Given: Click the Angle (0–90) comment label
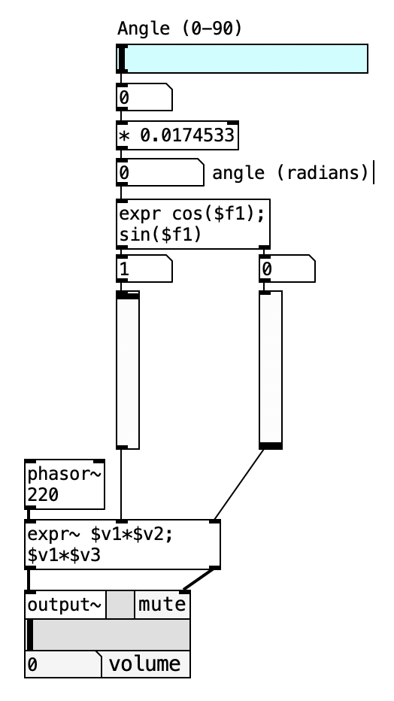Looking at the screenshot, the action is pos(180,29).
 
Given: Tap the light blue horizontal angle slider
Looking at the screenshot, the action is pos(242,59).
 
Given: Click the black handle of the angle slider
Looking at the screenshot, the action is pos(122,59).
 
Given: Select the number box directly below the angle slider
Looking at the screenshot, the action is pos(144,97).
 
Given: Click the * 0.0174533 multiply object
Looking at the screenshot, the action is pos(177,135).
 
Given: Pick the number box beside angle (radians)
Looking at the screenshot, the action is pos(160,172).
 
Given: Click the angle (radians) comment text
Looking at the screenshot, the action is pos(291,172).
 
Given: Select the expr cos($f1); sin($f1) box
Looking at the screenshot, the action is pos(193,224).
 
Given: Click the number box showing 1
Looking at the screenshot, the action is pos(144,269).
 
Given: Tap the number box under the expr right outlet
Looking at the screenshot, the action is pos(287,269).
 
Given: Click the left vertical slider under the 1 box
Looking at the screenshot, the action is pos(128,370).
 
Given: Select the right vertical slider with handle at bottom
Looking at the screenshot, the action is pos(271,370).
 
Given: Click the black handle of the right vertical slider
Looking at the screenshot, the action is pos(271,445).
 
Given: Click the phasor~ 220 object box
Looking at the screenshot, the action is pos(65,484).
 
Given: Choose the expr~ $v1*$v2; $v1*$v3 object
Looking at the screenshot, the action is pos(123,545).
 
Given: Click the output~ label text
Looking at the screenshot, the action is pos(65,605).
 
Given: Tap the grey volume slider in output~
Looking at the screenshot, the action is pos(108,635).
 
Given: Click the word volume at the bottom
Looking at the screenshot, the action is pos(144,664).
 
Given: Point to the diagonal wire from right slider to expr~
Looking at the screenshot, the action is pos(239,484).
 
